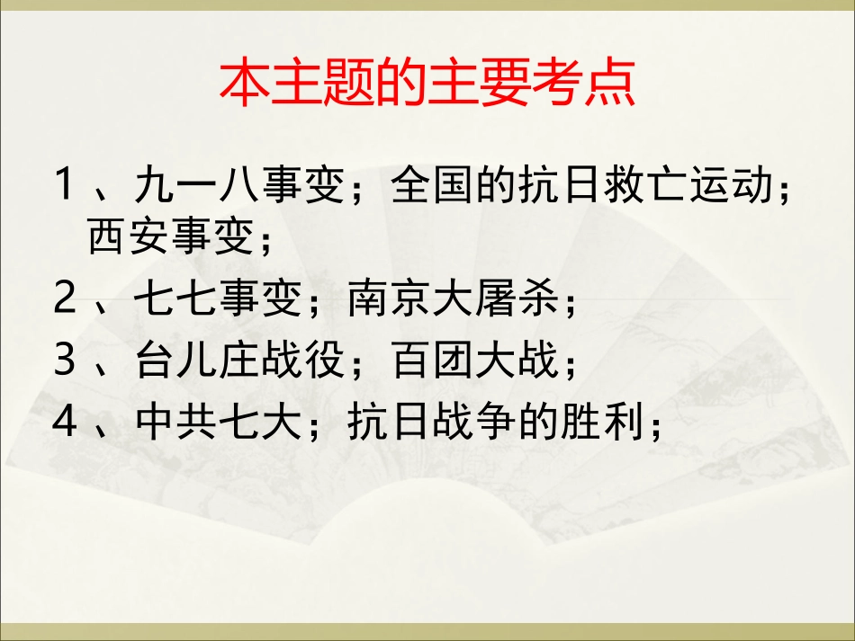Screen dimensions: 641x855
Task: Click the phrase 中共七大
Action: pyautogui.click(x=216, y=423)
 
